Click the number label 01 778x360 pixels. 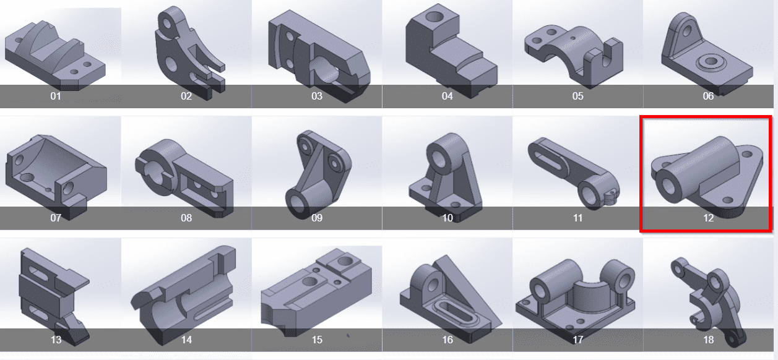(x=56, y=96)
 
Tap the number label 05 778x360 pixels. (x=577, y=96)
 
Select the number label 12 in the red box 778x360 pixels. (x=708, y=218)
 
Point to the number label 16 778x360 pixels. (x=447, y=340)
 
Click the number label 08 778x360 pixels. (x=186, y=218)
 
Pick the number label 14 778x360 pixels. (x=186, y=340)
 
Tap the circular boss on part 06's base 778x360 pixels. (x=711, y=63)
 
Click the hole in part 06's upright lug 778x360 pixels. (x=687, y=32)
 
